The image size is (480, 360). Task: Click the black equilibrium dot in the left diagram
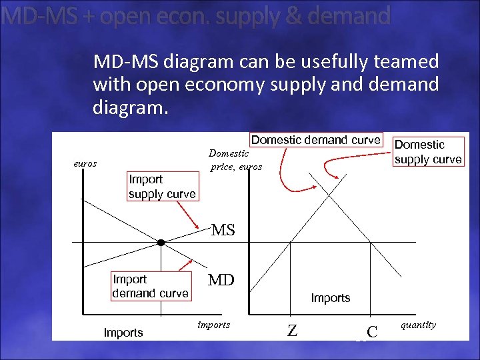coord(161,241)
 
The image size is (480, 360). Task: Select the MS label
coord(223,231)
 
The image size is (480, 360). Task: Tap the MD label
coord(221,280)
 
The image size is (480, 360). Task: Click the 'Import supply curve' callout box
coord(162,187)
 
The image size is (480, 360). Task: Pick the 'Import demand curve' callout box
coord(150,286)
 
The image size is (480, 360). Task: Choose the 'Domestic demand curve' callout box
coord(315,140)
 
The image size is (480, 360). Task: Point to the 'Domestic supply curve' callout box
coord(427,151)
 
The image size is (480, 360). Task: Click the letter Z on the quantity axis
coord(291,330)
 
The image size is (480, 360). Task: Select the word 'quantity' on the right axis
coord(418,325)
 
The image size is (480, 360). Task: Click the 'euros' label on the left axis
coord(85,163)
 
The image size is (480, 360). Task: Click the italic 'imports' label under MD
coord(213,325)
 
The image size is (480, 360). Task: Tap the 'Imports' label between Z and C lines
coord(330,298)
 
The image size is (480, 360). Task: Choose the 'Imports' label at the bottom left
coord(123,332)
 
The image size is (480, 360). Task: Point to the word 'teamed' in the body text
coord(407,62)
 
